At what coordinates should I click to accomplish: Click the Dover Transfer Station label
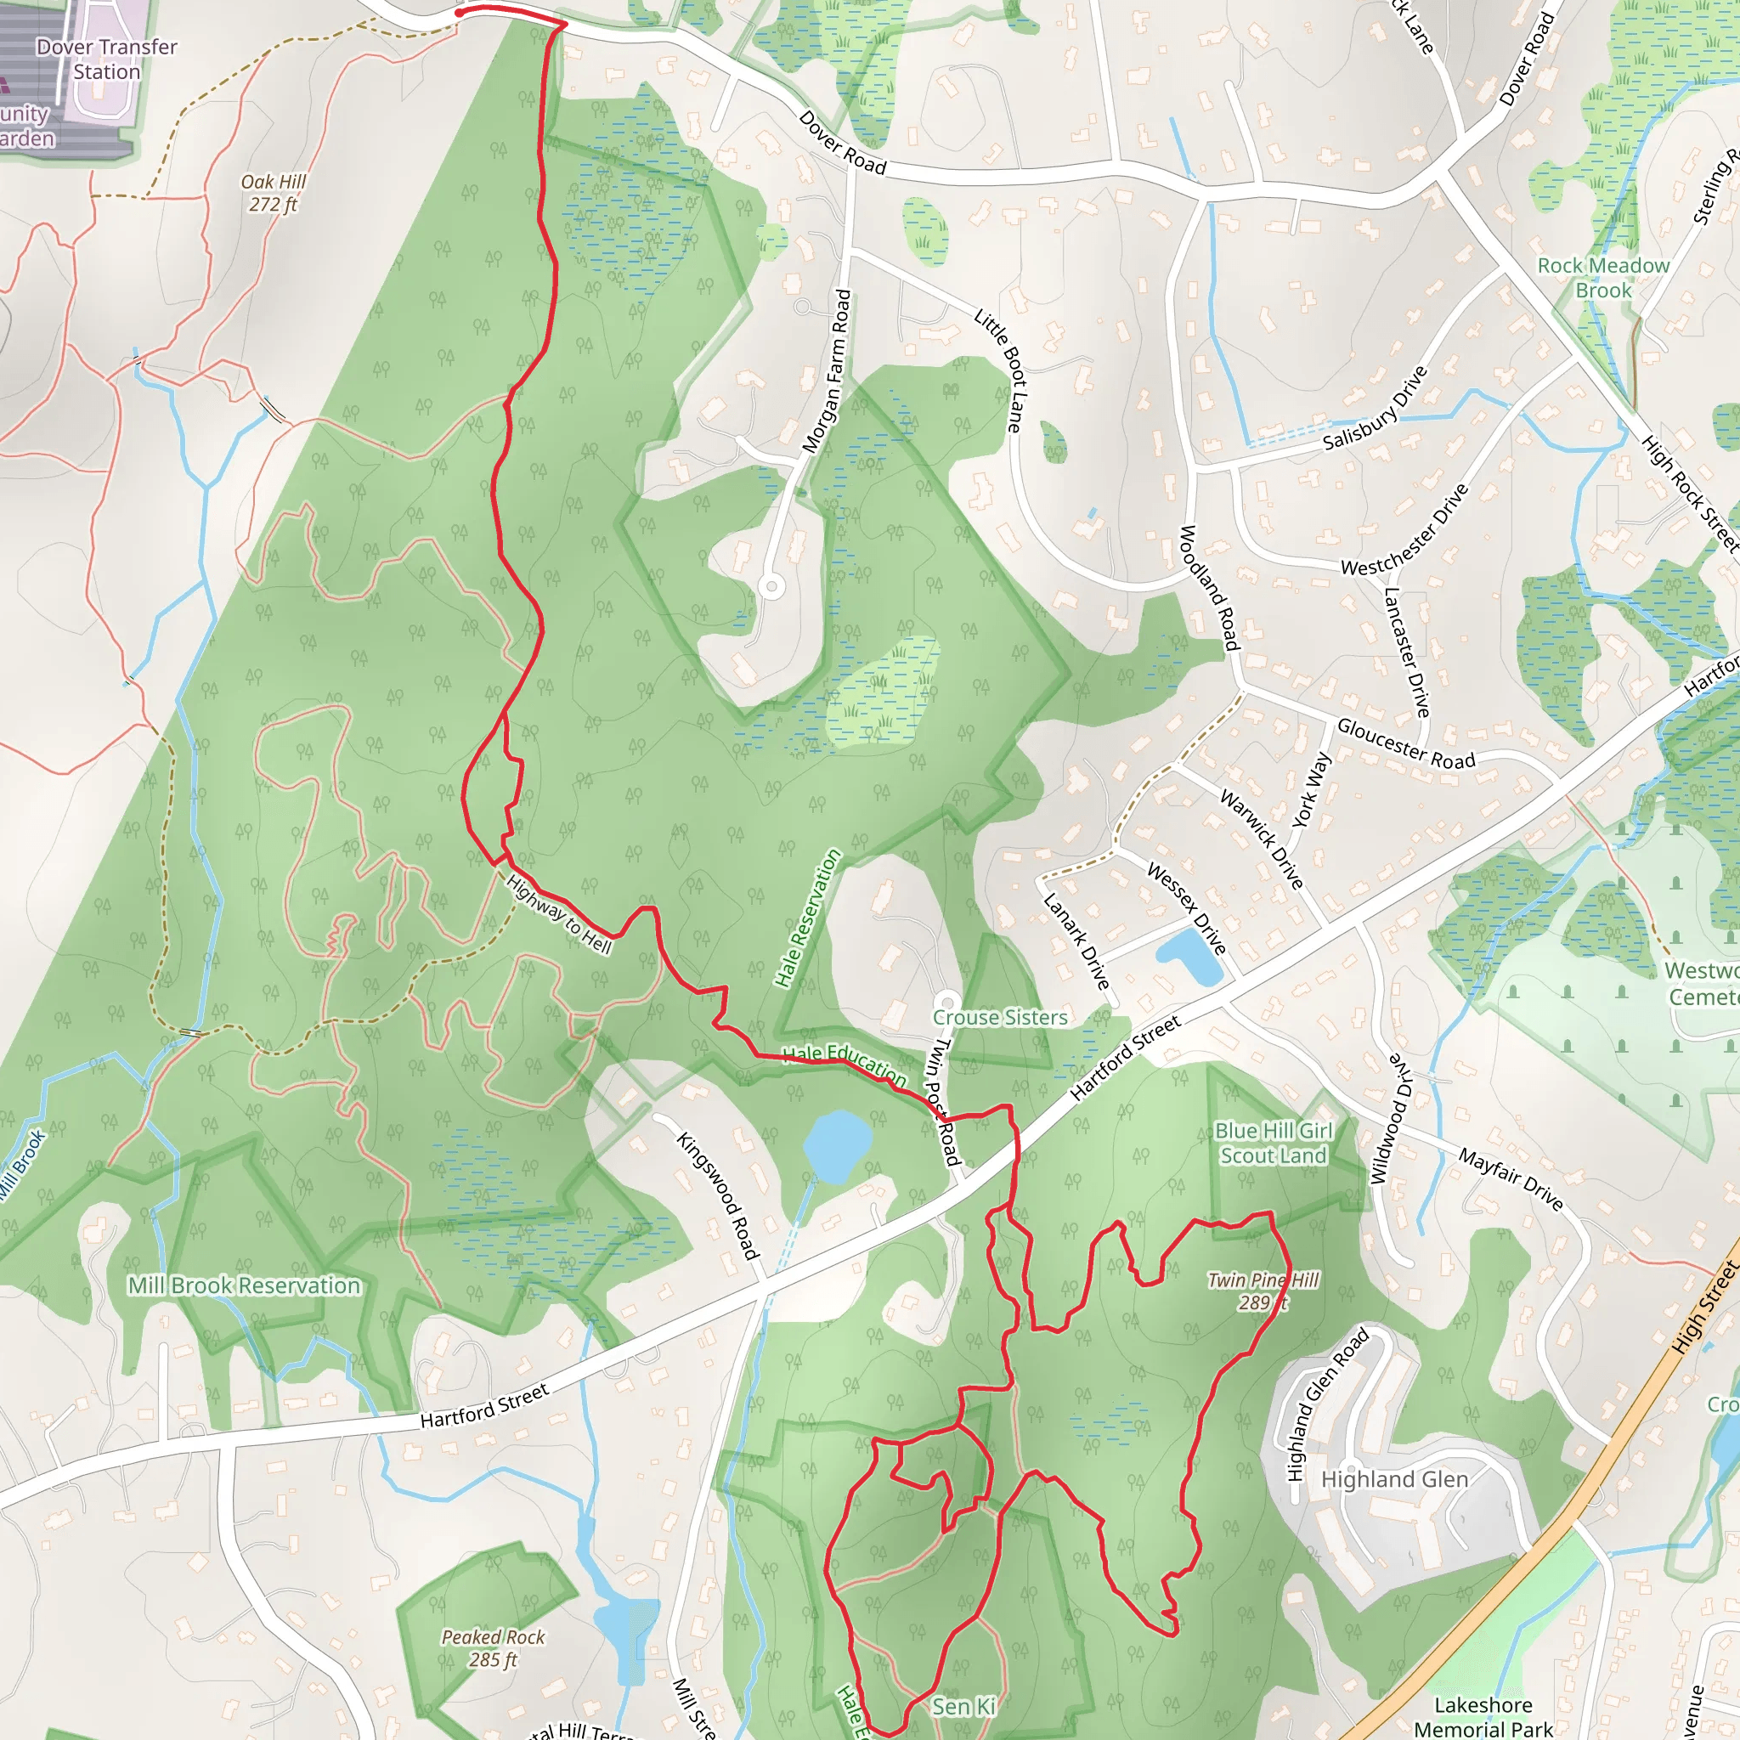click(x=106, y=59)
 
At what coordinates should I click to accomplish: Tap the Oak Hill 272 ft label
click(x=273, y=193)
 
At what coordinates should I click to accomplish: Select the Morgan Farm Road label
click(x=826, y=371)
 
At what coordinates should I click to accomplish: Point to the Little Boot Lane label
click(x=1001, y=370)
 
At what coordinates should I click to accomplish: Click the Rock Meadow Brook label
click(x=1603, y=277)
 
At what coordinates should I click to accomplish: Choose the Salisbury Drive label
click(x=1376, y=408)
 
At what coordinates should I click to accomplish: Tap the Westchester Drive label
click(x=1405, y=529)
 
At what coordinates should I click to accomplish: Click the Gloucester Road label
click(x=1406, y=743)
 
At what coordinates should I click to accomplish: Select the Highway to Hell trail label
click(x=559, y=914)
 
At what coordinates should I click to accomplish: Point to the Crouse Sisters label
click(x=1000, y=1017)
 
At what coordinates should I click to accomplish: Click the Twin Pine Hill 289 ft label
click(x=1263, y=1291)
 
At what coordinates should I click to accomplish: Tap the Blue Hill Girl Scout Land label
click(x=1274, y=1143)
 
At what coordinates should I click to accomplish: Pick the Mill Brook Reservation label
click(x=244, y=1285)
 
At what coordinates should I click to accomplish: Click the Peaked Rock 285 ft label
click(x=493, y=1648)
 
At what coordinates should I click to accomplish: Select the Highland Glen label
click(x=1394, y=1480)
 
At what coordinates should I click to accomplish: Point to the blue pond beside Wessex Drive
click(x=1189, y=958)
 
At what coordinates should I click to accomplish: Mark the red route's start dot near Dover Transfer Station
click(x=460, y=13)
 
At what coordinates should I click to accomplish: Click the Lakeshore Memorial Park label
click(x=1483, y=1716)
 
